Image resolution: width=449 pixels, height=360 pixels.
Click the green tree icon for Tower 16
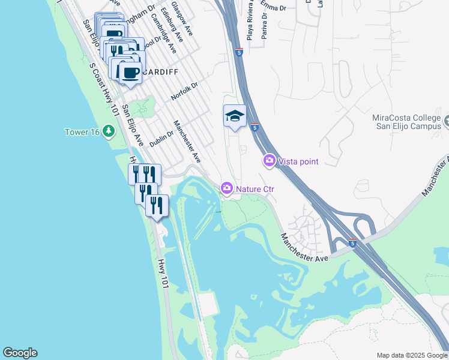pos(108,131)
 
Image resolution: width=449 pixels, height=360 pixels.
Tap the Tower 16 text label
pos(82,131)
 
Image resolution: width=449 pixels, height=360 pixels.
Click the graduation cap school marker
pos(235,116)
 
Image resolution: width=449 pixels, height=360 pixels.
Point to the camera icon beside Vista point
pos(268,161)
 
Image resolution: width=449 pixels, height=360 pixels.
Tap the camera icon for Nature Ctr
pos(226,188)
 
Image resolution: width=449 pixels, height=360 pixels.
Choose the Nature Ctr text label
pos(255,189)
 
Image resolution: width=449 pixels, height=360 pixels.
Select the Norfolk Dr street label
pos(184,91)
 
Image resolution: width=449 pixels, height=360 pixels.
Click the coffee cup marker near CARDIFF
pos(130,74)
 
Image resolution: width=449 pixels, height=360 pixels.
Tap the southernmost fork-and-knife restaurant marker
pos(157,205)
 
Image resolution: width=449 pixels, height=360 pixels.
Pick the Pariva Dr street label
pos(264,29)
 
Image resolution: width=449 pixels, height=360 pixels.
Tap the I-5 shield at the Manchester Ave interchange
pos(352,242)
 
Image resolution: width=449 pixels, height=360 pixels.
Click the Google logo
pos(20,353)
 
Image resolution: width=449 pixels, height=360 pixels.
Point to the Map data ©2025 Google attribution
pos(411,355)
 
